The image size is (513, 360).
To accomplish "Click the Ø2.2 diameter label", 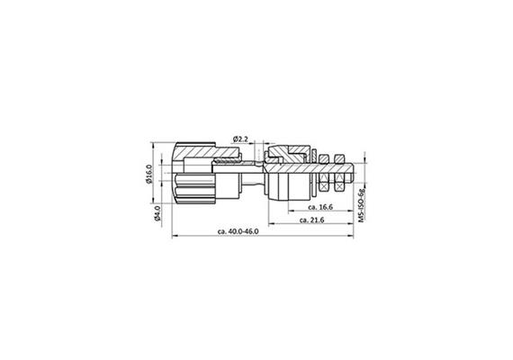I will (241, 138).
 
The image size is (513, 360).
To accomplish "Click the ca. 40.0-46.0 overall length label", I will (238, 232).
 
